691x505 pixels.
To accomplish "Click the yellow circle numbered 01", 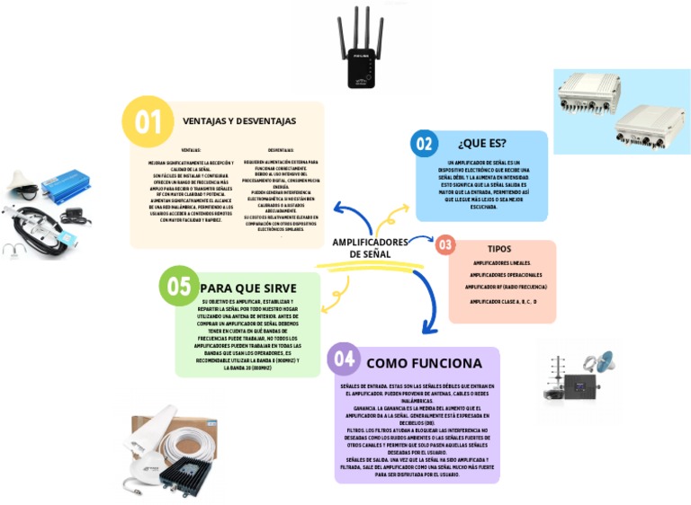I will (x=147, y=120).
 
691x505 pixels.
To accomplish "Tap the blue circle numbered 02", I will (x=424, y=144).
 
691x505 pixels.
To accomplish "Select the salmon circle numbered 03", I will (x=445, y=244).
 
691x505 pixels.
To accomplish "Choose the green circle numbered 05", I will (x=179, y=287).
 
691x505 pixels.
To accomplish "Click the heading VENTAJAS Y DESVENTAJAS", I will (x=238, y=120).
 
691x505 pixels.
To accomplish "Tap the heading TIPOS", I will (x=499, y=249).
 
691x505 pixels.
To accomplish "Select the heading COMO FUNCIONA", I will (x=423, y=363).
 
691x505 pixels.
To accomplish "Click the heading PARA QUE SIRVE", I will (x=248, y=288).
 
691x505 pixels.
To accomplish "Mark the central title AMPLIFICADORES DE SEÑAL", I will (x=370, y=248).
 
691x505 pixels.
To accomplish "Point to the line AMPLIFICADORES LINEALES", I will (x=500, y=263).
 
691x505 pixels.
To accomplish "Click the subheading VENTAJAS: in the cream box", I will (x=191, y=150).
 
